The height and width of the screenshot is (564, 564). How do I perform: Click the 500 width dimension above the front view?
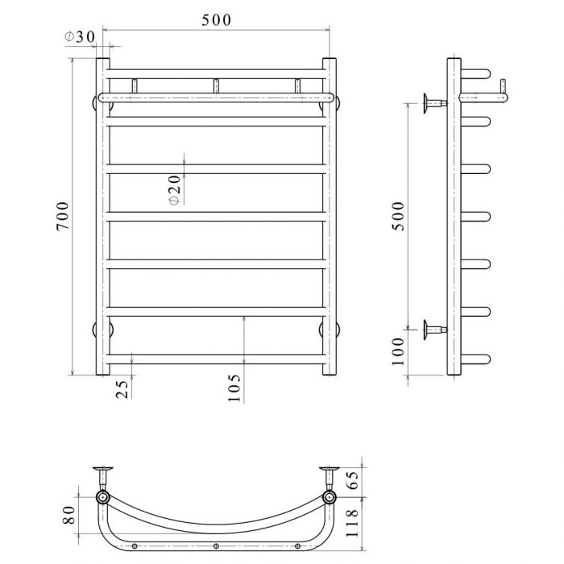[x=216, y=20]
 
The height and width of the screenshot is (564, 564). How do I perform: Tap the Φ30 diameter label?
[x=80, y=37]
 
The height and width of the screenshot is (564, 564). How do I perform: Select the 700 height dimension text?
[x=63, y=216]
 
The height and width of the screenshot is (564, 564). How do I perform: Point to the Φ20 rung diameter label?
[x=175, y=190]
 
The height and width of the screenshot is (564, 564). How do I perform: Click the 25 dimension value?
[x=122, y=389]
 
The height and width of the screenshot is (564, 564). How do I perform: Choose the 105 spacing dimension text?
[x=234, y=388]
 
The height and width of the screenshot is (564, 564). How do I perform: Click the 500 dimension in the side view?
[x=398, y=216]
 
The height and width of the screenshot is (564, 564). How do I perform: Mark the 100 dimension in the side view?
[x=398, y=351]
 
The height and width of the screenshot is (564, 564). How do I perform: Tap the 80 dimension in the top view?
[x=69, y=515]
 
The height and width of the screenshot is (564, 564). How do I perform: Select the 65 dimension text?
[x=353, y=480]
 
